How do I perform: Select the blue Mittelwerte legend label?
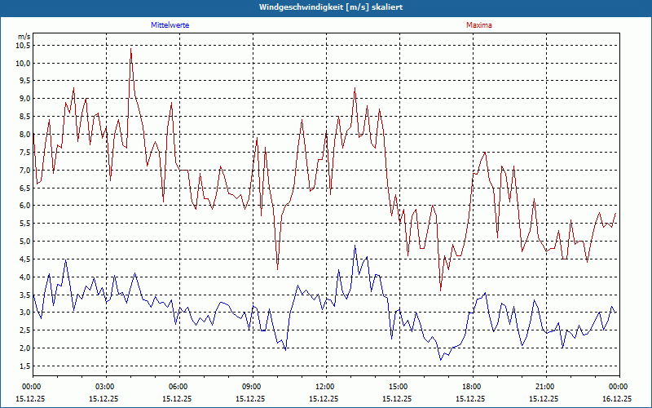(170, 25)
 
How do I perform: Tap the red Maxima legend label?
(478, 25)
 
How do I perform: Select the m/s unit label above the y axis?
(24, 37)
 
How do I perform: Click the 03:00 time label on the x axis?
(105, 386)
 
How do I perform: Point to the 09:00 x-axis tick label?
(252, 386)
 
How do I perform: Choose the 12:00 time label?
(324, 386)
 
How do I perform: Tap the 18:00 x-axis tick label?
(471, 386)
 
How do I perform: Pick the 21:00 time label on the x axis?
(544, 386)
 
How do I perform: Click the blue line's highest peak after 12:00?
(355, 246)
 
